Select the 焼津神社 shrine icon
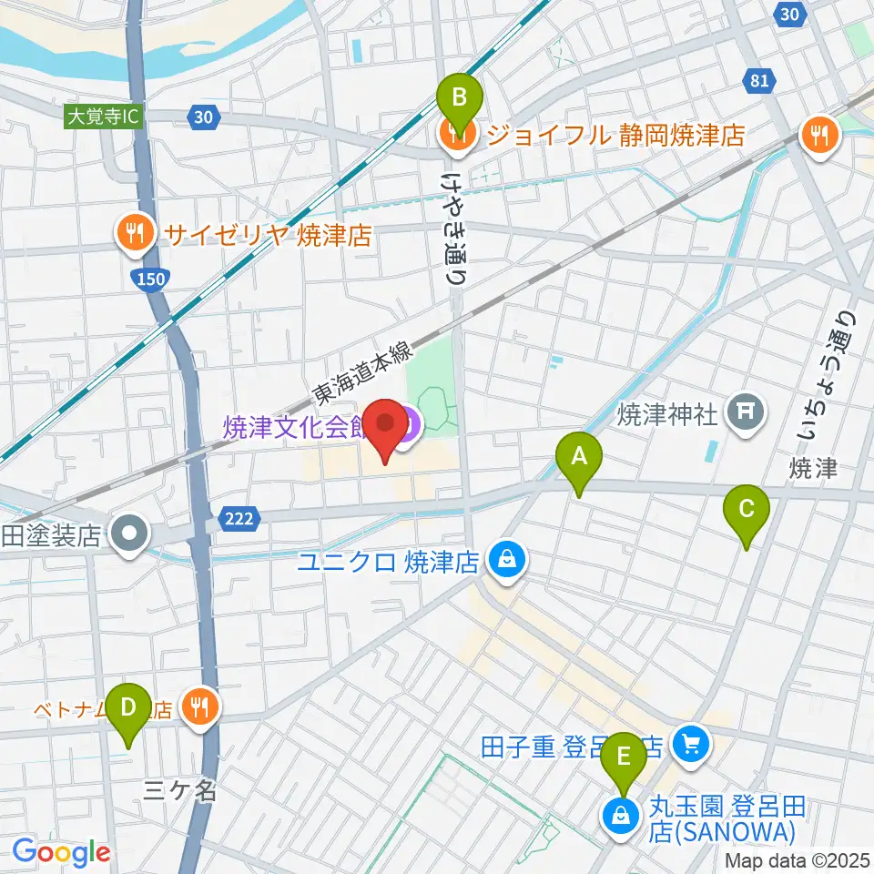[x=745, y=413]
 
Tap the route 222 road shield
[x=235, y=519]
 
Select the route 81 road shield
[x=758, y=82]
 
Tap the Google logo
[x=61, y=852]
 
